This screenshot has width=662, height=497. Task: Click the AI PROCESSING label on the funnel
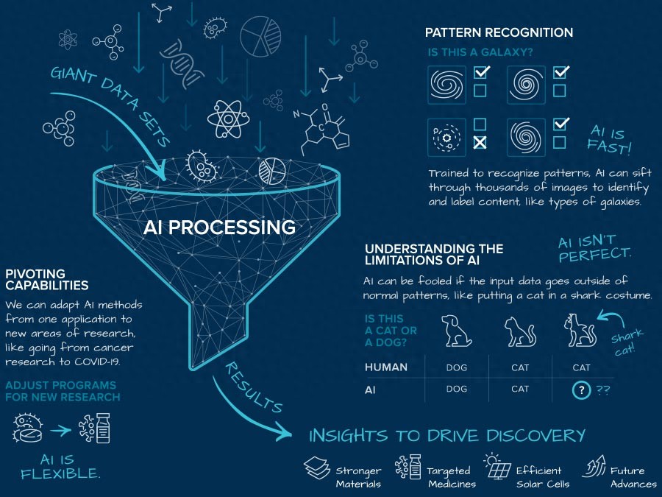tap(220, 227)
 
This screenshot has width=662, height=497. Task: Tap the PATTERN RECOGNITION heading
tap(499, 33)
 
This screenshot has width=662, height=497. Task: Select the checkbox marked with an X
tap(480, 142)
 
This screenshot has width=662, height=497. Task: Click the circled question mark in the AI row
tap(581, 390)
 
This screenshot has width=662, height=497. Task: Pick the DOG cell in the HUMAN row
tap(457, 367)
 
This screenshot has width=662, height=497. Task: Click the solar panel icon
tap(496, 468)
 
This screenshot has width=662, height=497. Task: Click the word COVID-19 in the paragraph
tap(111, 363)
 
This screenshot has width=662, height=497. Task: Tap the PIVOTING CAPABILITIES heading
tap(47, 280)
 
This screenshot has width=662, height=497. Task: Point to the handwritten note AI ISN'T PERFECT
tap(594, 250)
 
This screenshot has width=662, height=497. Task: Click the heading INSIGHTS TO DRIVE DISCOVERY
tap(447, 435)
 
